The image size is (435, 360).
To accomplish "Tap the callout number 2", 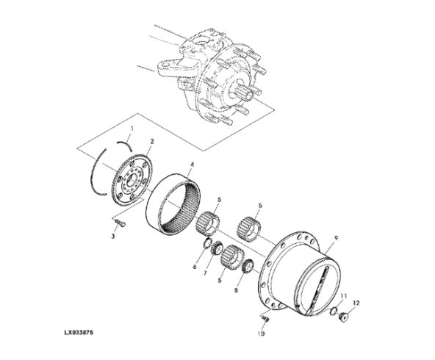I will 151,141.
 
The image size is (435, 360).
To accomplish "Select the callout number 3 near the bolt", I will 113,235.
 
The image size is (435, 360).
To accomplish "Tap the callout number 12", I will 357,303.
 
